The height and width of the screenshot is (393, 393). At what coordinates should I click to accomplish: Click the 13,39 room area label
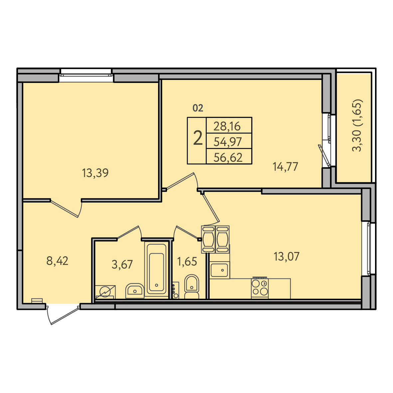(x=95, y=173)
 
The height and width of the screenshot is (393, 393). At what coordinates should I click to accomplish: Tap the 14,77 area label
(x=286, y=167)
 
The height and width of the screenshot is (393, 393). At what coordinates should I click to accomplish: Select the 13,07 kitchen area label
(x=287, y=257)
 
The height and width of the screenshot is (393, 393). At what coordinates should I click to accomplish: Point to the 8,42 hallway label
(x=57, y=261)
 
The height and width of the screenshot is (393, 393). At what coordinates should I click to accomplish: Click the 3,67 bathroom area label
(x=122, y=265)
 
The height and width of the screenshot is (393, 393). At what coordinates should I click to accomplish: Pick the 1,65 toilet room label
(x=187, y=262)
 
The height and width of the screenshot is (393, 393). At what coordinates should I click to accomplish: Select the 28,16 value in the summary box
(x=227, y=126)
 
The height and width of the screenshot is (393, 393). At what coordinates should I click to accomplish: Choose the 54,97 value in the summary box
(x=228, y=142)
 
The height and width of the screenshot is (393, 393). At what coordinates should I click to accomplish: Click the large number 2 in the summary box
(x=198, y=138)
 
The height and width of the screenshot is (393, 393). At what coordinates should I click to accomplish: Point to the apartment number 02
(x=198, y=108)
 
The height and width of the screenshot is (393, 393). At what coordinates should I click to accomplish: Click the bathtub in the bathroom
(x=157, y=270)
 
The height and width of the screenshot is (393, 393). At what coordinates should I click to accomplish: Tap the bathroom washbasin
(x=134, y=291)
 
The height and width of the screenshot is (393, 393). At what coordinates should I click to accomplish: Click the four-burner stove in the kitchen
(x=260, y=288)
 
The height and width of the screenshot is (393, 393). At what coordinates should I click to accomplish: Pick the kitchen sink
(x=220, y=270)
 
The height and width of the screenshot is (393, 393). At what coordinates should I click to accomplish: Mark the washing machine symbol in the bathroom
(x=105, y=292)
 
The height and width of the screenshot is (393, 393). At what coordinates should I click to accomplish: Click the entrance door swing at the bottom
(x=63, y=314)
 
